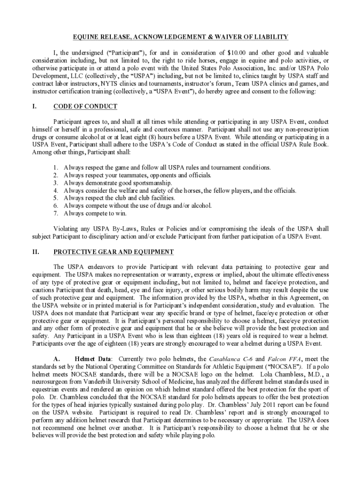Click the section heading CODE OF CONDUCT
coord(85,107)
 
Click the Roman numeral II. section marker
coord(36,252)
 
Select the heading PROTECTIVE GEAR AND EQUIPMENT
coord(114,252)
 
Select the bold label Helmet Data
coord(93,358)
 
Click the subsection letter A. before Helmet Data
coord(58,358)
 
